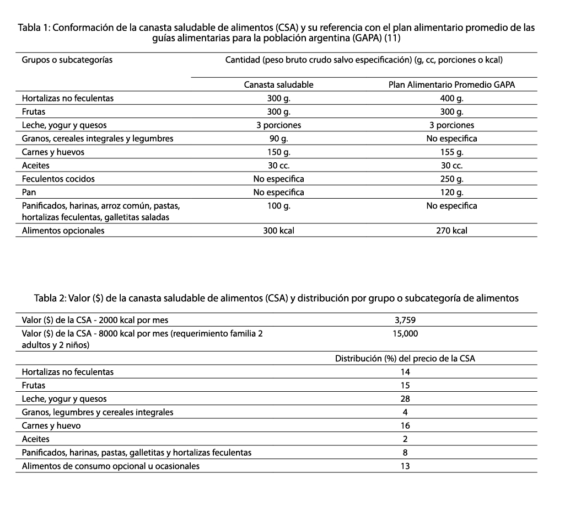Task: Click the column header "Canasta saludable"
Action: tap(278, 85)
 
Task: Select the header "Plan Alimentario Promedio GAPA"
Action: tap(451, 85)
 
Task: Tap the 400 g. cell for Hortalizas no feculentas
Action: tap(451, 98)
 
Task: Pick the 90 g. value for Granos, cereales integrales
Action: tap(278, 139)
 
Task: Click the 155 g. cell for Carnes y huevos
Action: tap(451, 152)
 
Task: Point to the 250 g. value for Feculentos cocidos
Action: tap(451, 179)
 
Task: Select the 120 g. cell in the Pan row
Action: tap(451, 193)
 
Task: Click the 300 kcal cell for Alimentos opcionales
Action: tap(278, 231)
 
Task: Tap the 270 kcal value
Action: tap(451, 231)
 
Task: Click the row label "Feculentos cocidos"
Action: tap(58, 179)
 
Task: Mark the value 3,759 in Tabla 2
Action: tap(406, 319)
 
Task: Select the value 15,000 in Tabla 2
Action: tap(406, 333)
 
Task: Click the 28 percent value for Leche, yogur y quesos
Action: tap(406, 399)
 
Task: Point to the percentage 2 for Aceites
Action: tap(406, 439)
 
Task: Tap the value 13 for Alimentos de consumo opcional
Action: tap(406, 466)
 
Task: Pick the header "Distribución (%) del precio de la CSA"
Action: tap(405, 358)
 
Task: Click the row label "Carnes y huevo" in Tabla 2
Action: tap(51, 426)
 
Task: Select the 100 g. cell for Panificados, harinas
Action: tap(278, 206)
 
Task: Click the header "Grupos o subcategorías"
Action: tap(67, 60)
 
